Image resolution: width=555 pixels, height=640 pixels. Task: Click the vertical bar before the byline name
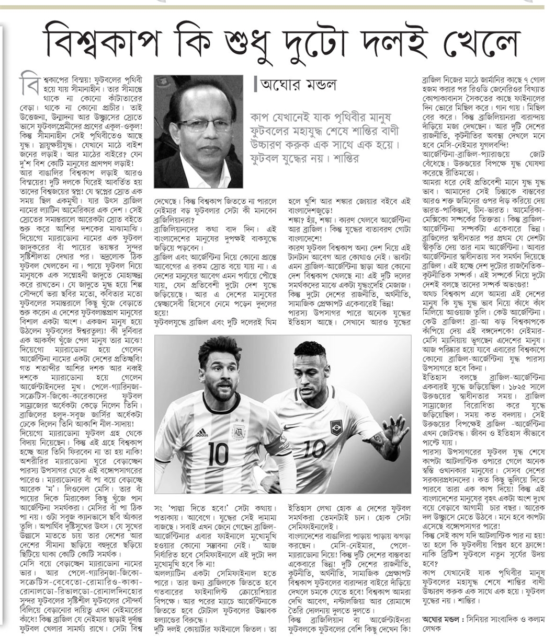[255, 84]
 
